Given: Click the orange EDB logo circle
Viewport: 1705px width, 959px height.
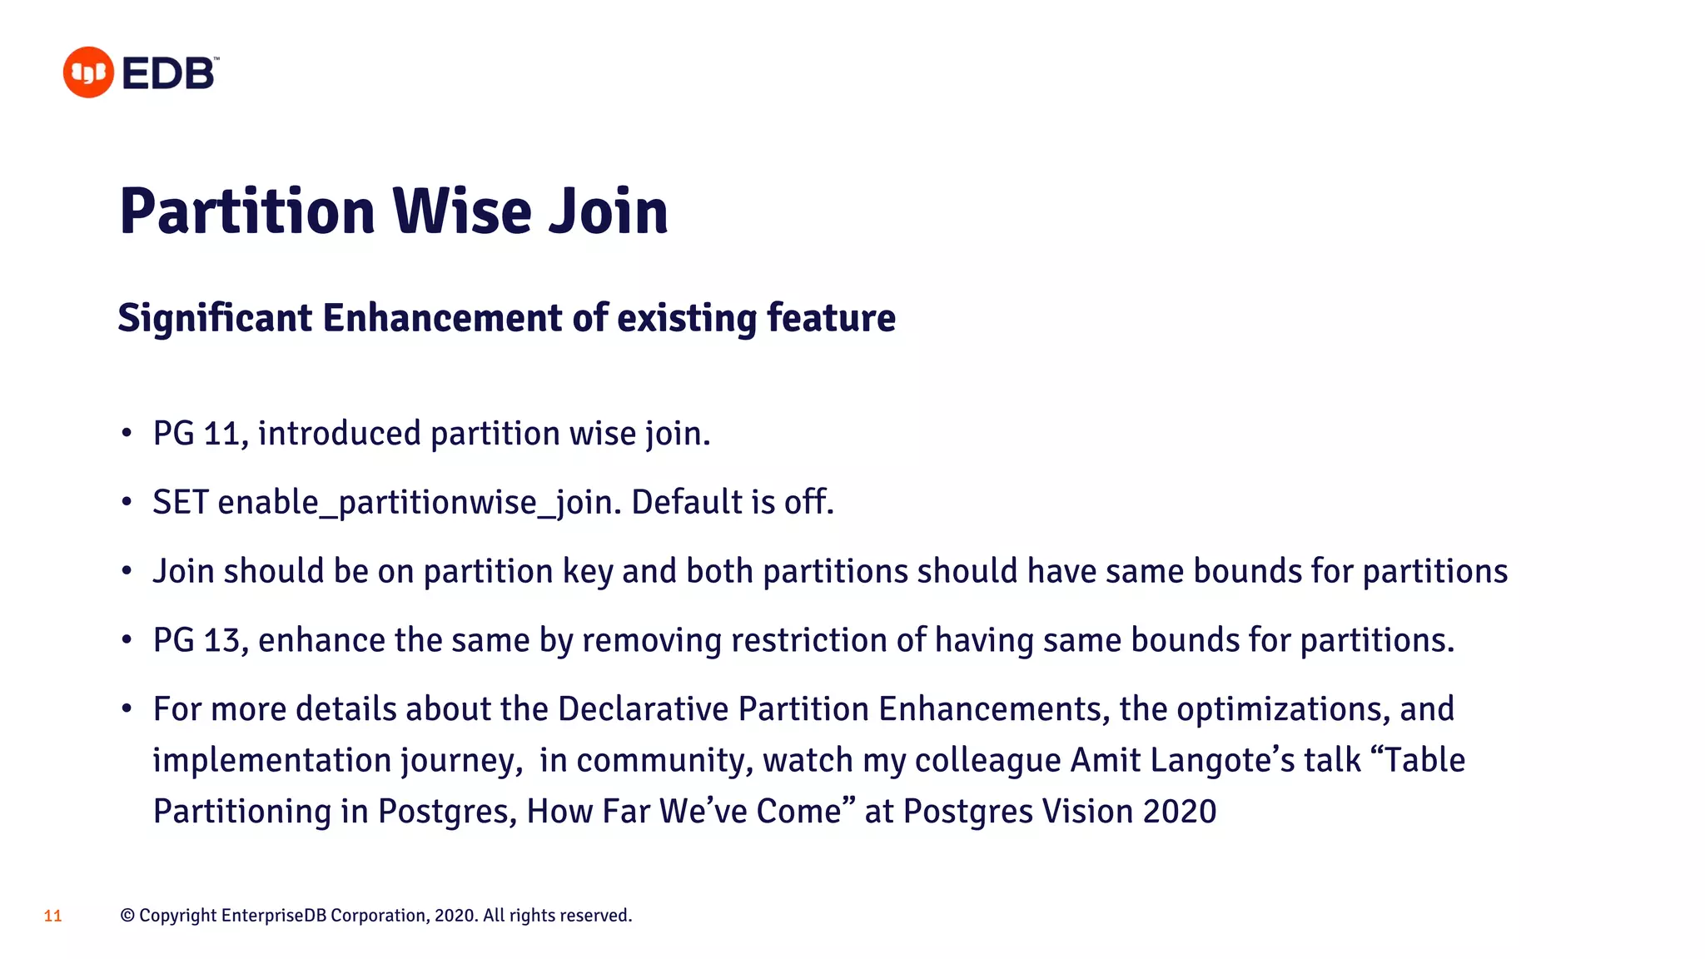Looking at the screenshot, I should point(88,72).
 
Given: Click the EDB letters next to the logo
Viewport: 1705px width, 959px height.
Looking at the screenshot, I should point(169,74).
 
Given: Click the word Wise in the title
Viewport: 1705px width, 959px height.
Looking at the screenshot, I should point(461,211).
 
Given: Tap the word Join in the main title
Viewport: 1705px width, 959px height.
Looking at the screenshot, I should point(609,211).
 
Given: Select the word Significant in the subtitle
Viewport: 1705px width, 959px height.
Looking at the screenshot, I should point(215,319).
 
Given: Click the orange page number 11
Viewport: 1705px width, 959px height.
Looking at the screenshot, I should point(52,917).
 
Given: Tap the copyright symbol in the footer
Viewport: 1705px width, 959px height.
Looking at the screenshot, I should point(127,916).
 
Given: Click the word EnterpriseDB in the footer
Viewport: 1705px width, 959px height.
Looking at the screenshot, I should point(273,916).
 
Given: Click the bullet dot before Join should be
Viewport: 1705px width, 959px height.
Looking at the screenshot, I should point(127,572).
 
